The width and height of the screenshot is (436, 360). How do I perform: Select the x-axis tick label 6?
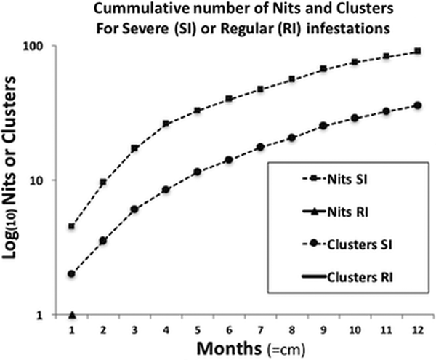pos(228,329)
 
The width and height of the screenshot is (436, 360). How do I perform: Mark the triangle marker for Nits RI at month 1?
pos(72,314)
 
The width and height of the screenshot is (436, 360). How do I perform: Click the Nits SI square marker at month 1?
pos(72,226)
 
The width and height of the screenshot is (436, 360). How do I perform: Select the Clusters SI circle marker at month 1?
pos(72,273)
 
